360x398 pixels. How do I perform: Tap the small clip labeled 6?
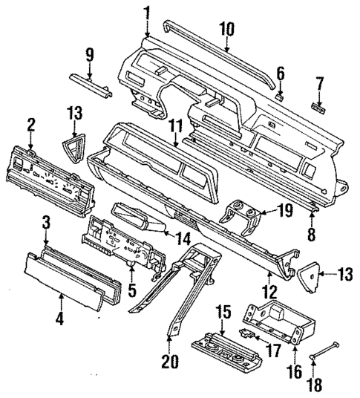pos(281,94)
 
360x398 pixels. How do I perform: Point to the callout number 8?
pos(312,232)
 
